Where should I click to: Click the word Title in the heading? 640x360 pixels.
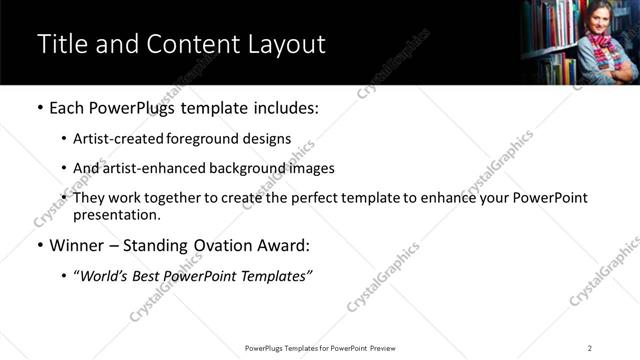pyautogui.click(x=63, y=45)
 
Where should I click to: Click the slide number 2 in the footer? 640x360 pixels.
pyautogui.click(x=590, y=348)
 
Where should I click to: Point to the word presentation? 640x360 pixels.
pyautogui.click(x=116, y=214)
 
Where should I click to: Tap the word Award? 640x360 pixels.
pyautogui.click(x=285, y=245)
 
